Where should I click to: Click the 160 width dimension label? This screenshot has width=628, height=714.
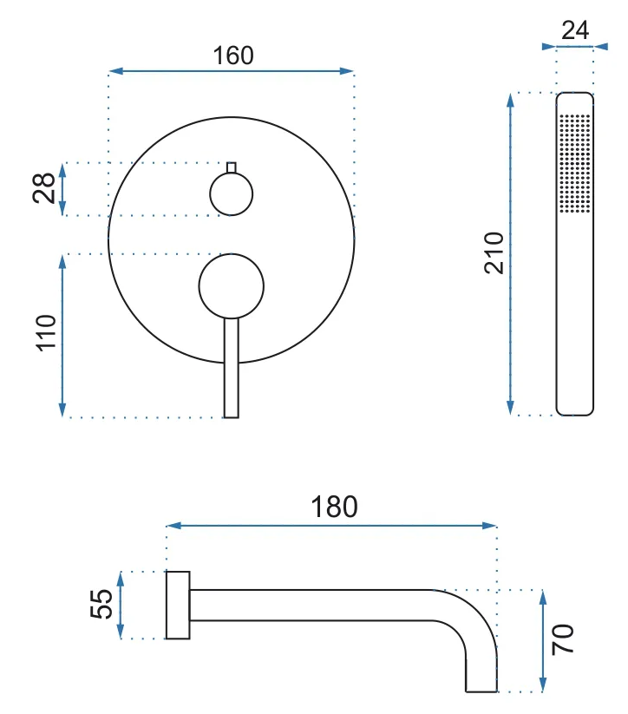click(x=233, y=56)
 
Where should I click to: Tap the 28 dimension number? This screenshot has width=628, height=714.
click(x=44, y=188)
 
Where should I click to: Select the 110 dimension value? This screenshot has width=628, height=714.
click(x=46, y=333)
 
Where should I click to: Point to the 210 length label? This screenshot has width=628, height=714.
click(x=494, y=253)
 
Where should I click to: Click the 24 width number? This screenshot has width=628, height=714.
click(x=575, y=30)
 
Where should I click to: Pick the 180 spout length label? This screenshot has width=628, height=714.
click(x=334, y=507)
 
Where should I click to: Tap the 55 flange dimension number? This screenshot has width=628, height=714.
click(x=101, y=605)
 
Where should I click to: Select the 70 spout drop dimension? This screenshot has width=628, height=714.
click(x=563, y=639)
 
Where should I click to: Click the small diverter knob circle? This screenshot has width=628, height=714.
click(x=232, y=194)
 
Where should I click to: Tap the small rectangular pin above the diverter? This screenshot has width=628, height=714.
click(x=232, y=167)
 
